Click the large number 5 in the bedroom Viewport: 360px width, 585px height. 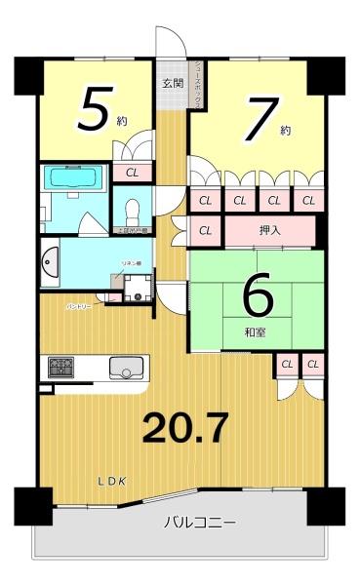[x=94, y=108]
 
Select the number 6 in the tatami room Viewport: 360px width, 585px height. [x=258, y=298]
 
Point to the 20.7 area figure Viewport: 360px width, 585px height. [x=186, y=427]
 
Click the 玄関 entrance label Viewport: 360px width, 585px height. [x=172, y=82]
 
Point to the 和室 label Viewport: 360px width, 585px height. [x=257, y=332]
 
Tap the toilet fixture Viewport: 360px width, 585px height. [x=133, y=210]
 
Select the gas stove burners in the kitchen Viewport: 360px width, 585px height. [x=60, y=369]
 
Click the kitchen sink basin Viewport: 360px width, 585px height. [x=126, y=369]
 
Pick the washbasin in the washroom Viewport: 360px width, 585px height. [x=51, y=264]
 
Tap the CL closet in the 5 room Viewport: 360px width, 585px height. [x=131, y=172]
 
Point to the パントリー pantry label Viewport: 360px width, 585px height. [x=79, y=305]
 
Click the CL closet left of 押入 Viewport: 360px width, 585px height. [x=205, y=231]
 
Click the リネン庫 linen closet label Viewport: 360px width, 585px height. [x=132, y=264]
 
